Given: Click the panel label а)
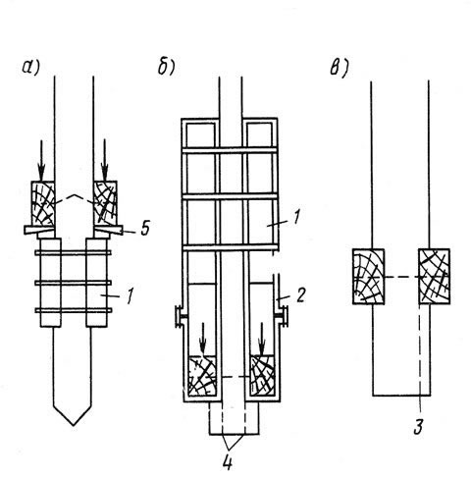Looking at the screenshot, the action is tap(30, 67).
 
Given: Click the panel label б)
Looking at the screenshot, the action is tap(167, 67).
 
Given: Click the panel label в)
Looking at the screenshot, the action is tap(340, 69).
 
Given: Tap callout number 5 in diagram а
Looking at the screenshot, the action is tap(145, 228).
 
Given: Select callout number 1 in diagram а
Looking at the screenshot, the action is tap(130, 295).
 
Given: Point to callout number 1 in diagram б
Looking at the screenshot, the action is tap(295, 218).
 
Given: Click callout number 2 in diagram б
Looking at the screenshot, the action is tap(300, 294).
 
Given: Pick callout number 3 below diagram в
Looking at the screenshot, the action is tap(418, 427).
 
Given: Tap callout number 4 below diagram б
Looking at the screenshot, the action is tap(228, 462).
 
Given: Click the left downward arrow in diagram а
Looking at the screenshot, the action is tap(41, 161).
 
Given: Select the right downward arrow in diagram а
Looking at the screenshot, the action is tap(104, 160).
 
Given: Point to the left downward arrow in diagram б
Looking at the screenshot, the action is tap(203, 339).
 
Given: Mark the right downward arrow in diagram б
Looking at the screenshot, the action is tap(262, 339).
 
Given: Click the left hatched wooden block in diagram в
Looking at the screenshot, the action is tap(368, 277).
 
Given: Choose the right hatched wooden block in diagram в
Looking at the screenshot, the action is tap(434, 277).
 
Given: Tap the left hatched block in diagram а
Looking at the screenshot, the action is tap(43, 203).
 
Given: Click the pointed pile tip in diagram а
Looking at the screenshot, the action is tap(73, 425).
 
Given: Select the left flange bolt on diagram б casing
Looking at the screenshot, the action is tap(180, 315).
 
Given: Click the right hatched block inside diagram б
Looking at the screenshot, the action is tap(262, 375).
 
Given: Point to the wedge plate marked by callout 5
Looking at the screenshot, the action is tap(107, 229).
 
